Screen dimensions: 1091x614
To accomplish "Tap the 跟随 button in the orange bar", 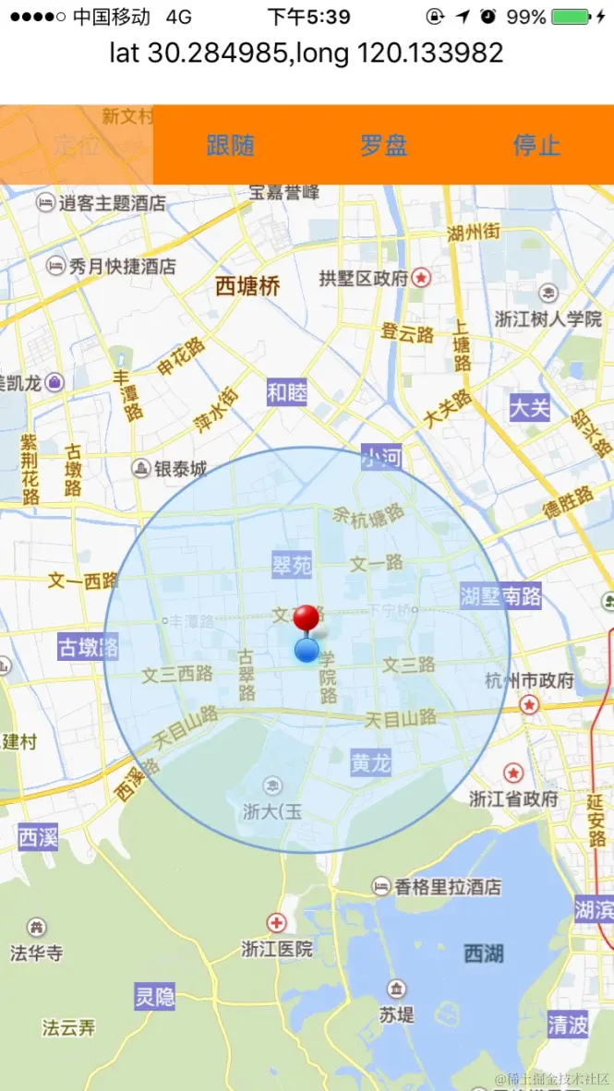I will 230,145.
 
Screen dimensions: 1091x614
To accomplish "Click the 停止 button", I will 536,145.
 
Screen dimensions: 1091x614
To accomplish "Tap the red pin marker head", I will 306,617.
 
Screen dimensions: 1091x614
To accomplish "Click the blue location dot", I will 307,651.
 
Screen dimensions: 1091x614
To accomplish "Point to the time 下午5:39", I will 308,17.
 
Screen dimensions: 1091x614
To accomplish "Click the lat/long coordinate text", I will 307,53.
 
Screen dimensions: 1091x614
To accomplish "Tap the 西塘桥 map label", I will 247,286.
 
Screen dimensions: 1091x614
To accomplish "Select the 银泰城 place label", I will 180,469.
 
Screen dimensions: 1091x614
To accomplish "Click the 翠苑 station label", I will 292,565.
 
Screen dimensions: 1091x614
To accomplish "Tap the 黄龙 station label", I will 371,763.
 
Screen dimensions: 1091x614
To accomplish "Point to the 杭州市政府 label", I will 529,681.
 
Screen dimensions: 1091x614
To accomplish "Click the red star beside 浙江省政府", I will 513,773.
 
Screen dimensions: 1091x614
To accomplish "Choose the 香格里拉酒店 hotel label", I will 448,887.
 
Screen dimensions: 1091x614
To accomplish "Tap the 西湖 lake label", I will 484,953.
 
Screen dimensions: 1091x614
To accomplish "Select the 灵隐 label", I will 154,997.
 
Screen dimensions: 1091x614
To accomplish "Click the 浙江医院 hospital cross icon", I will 276,922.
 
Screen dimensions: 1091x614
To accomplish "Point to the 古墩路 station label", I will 88,646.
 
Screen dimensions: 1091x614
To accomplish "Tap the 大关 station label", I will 530,407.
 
